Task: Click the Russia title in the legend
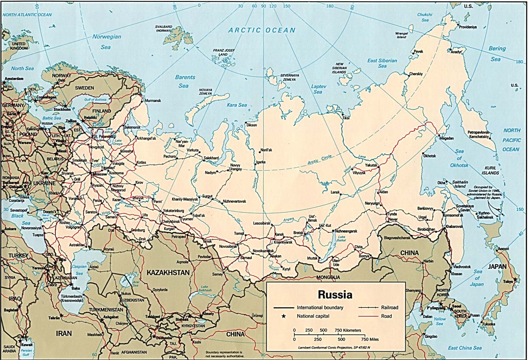click(335, 294)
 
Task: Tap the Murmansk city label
click(153, 100)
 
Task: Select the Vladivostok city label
click(462, 266)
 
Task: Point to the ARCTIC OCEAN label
click(262, 30)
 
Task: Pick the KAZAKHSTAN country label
click(168, 272)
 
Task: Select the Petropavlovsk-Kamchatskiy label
click(478, 134)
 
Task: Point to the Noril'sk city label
click(266, 150)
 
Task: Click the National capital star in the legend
click(283, 316)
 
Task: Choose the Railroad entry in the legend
click(389, 307)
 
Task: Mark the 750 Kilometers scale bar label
click(348, 330)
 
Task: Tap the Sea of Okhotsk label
click(459, 158)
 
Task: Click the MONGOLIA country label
click(328, 277)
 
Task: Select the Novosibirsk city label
click(228, 246)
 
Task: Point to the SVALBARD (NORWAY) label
click(164, 28)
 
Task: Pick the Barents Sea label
click(185, 81)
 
